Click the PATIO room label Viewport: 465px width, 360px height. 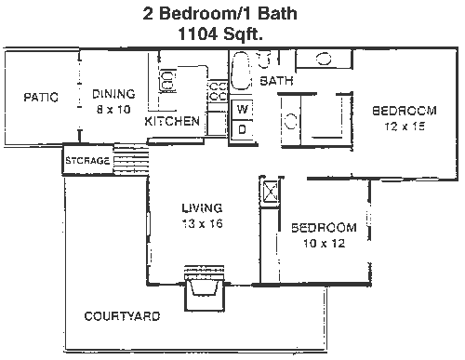41,97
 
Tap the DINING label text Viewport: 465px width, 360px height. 113,94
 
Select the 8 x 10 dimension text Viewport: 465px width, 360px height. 113,110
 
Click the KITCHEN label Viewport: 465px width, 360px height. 172,121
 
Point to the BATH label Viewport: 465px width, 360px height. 276,81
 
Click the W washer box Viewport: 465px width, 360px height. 243,110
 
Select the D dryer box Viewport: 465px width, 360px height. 243,129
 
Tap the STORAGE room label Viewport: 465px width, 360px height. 87,161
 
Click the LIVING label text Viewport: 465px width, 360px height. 202,207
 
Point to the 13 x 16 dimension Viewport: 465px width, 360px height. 202,223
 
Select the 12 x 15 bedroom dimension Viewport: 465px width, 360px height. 405,127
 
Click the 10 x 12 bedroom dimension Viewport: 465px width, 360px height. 324,243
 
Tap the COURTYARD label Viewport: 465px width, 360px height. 122,316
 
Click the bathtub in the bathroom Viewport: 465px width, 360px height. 241,71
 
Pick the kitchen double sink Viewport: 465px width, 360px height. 167,81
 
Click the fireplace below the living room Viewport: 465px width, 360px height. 204,287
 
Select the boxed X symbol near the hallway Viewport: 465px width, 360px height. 271,192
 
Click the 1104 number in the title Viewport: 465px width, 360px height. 197,33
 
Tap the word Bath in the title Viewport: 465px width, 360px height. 277,13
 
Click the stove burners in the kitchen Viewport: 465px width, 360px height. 218,91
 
